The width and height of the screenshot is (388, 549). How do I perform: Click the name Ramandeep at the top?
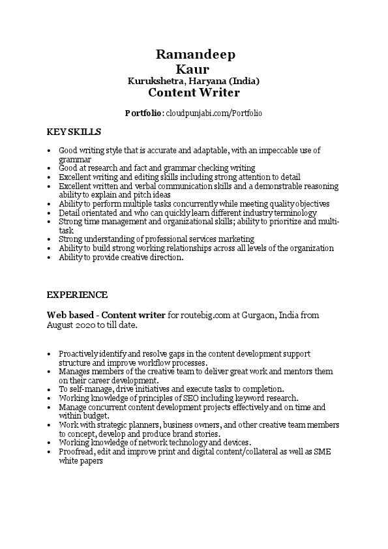pos(196,54)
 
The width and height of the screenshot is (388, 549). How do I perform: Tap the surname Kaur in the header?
pos(193,68)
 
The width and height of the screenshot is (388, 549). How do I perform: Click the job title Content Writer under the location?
pos(194,93)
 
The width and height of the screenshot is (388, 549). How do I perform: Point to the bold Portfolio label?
pos(143,113)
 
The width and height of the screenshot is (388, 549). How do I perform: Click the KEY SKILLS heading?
pos(69,132)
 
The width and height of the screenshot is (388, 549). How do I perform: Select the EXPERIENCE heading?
pos(77,295)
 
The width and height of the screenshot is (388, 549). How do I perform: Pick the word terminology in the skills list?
pos(293,213)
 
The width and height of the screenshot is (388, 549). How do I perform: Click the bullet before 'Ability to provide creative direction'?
pos(50,258)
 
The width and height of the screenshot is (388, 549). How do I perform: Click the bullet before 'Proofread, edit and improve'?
pos(50,451)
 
